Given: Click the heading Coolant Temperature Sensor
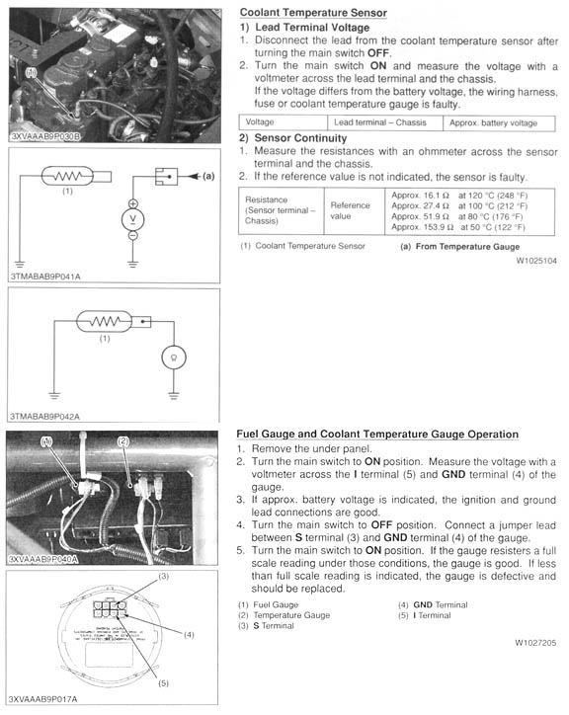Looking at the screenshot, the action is (x=313, y=13).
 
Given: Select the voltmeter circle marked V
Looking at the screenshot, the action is (x=132, y=219).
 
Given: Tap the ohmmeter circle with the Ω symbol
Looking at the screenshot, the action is (x=174, y=357).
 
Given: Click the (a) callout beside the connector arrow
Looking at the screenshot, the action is (x=208, y=176).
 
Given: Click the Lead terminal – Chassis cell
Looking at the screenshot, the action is (x=380, y=122).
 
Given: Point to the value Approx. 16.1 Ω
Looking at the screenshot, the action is (x=420, y=196).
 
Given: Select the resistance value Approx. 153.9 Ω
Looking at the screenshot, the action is (x=423, y=227).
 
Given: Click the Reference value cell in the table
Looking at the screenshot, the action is (x=350, y=210).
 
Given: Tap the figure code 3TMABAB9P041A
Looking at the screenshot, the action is (x=45, y=277).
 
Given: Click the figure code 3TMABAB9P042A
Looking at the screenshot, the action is (x=45, y=417).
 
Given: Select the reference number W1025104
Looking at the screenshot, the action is (x=536, y=261).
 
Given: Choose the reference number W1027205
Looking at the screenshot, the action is (x=535, y=643).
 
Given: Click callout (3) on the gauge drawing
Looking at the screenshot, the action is (x=163, y=577).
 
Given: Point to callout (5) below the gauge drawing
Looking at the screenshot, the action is (x=163, y=683).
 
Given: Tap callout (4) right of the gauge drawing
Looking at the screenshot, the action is (x=189, y=635).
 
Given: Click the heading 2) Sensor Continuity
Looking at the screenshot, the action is (x=293, y=138).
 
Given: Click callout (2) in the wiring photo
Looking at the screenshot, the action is (x=123, y=441).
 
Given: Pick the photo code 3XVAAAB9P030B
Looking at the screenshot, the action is (x=45, y=136).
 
